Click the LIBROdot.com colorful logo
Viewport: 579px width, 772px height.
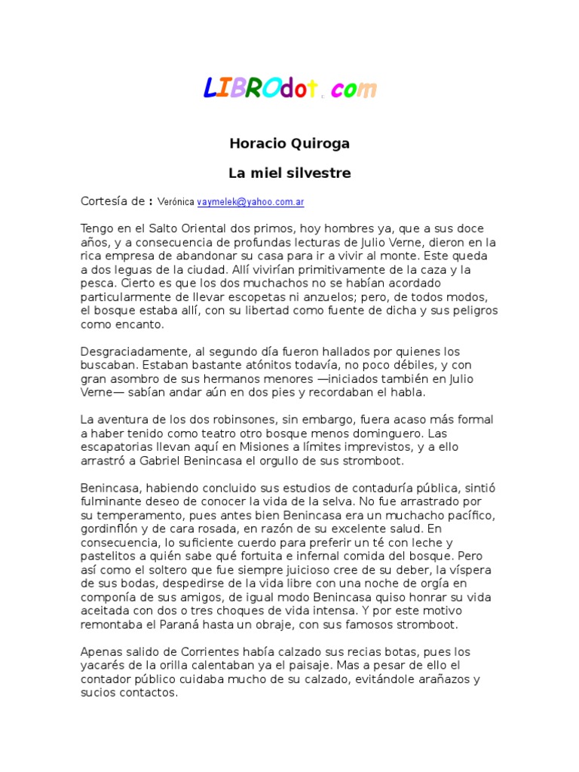[x=289, y=89]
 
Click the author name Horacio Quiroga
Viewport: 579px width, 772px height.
[x=289, y=143]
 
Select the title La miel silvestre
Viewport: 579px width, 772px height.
[x=289, y=173]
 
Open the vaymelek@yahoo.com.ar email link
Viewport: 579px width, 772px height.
[x=250, y=202]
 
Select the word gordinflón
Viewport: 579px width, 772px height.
[x=114, y=528]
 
